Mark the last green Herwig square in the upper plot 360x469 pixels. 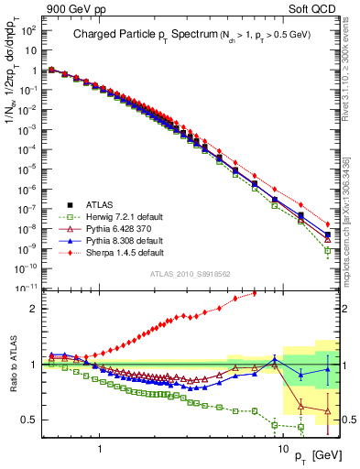(x=328, y=250)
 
